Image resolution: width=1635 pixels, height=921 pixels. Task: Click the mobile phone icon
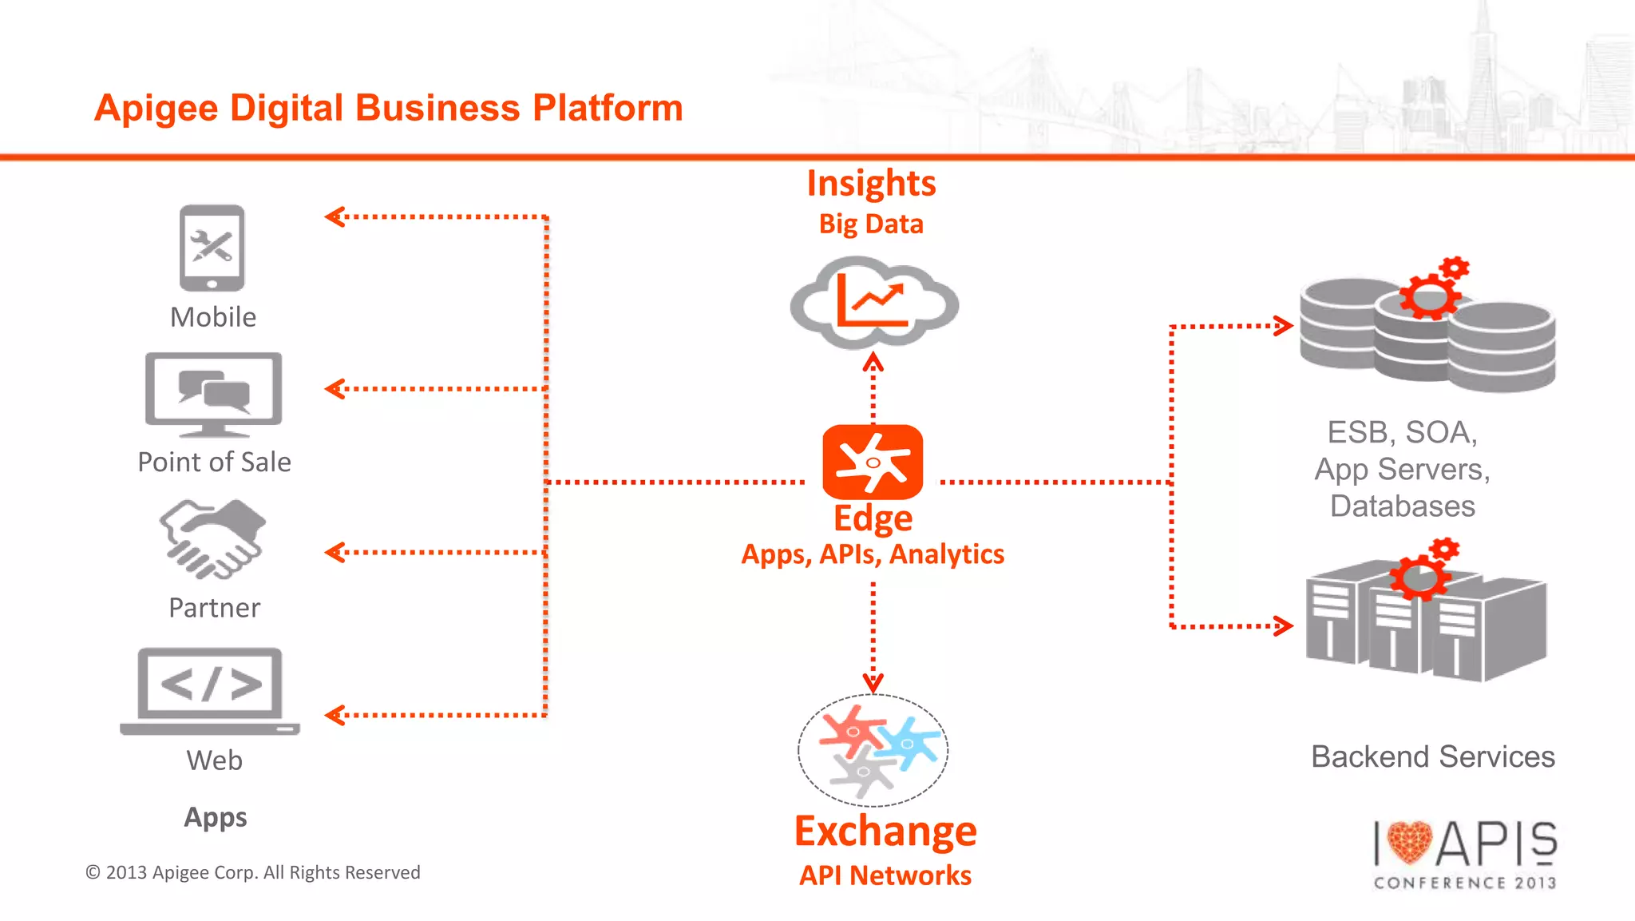(x=212, y=248)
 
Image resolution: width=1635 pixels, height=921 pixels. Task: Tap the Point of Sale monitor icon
(x=213, y=393)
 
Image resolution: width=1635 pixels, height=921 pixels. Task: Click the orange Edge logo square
(x=873, y=462)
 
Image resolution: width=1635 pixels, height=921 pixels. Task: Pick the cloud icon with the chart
(x=873, y=302)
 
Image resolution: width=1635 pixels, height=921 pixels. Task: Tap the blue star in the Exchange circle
(x=908, y=742)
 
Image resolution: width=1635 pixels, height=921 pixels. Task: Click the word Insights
(x=871, y=184)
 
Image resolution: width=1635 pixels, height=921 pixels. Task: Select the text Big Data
(x=871, y=224)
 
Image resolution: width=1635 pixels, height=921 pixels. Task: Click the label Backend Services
(x=1432, y=756)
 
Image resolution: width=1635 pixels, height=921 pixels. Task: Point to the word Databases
(x=1402, y=506)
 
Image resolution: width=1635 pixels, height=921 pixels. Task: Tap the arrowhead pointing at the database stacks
(x=1284, y=326)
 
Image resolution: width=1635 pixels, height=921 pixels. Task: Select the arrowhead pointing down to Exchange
(x=873, y=683)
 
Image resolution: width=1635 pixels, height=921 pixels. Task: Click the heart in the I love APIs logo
(x=1408, y=843)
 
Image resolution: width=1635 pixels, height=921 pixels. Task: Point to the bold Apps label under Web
(x=215, y=817)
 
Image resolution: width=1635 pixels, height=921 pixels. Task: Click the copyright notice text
(x=252, y=872)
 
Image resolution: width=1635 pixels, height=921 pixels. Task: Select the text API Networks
(x=885, y=875)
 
